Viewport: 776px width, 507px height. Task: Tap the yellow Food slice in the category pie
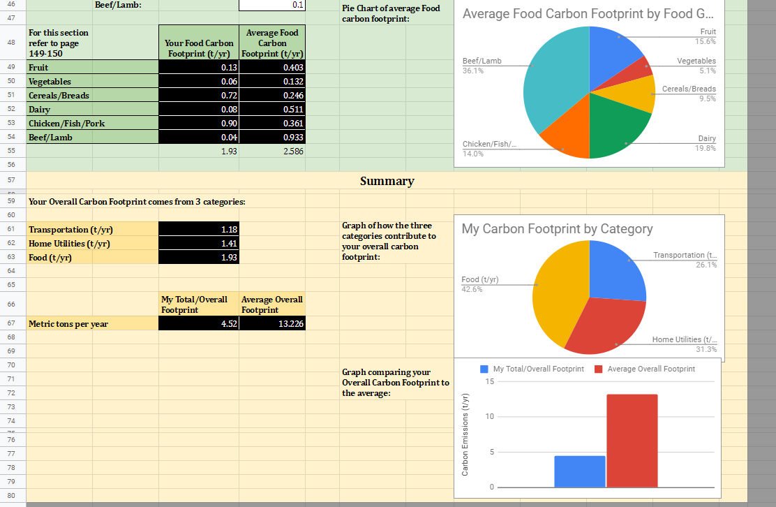[558, 293]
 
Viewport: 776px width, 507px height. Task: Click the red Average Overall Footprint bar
[632, 440]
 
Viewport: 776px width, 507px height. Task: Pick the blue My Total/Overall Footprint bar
[579, 471]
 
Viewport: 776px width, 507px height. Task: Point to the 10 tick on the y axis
[490, 417]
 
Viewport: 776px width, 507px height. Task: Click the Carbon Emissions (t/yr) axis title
[465, 434]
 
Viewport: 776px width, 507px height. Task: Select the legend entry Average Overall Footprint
[650, 369]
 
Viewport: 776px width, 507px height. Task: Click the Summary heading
[387, 181]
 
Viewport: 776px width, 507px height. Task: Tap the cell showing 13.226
[272, 323]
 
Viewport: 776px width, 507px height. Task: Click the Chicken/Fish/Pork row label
[66, 124]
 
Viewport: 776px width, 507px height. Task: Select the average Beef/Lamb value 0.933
[272, 138]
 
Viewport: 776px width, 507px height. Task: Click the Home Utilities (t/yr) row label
[69, 244]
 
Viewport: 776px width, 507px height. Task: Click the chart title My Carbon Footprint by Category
[557, 229]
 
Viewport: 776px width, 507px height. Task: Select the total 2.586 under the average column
[272, 151]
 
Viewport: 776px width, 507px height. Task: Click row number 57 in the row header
[11, 179]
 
